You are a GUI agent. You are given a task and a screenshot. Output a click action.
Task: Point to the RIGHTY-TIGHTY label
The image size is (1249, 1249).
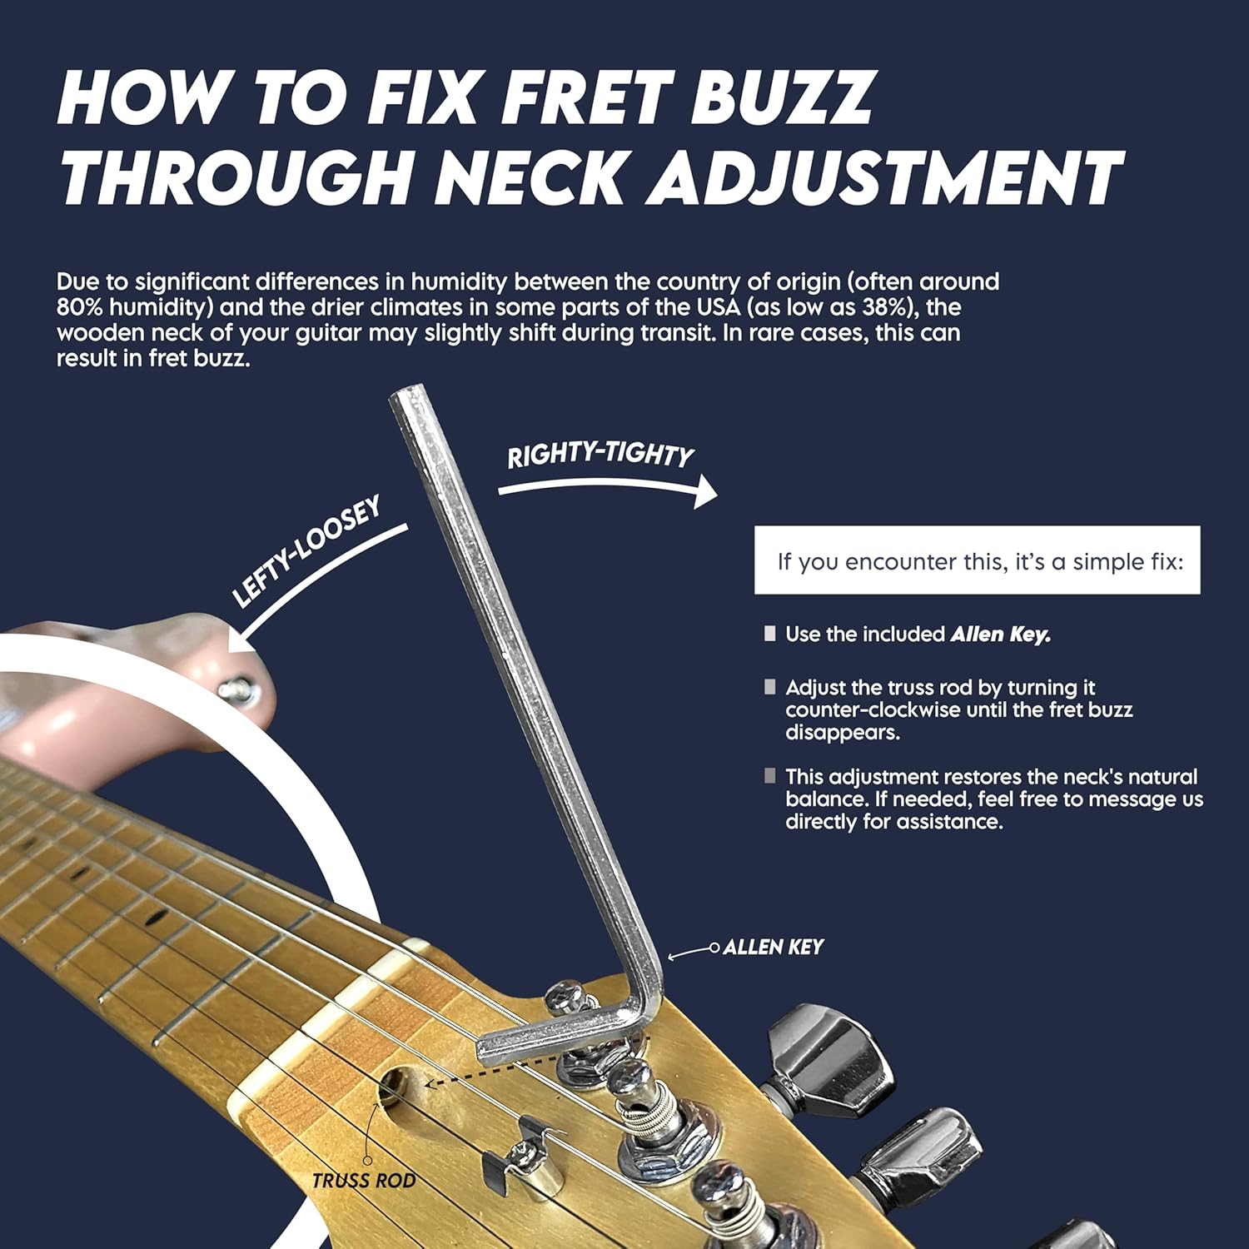point(600,455)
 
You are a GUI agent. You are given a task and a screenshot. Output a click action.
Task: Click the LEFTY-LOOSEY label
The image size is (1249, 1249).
point(306,550)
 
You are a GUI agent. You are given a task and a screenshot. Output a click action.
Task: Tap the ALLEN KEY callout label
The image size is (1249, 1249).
point(774,947)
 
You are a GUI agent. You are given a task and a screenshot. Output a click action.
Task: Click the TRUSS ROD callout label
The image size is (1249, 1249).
point(364,1180)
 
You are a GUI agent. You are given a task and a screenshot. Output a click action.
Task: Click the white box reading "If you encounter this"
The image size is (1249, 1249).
point(977,560)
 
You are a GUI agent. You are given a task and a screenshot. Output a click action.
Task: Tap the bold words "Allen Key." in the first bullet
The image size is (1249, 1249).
point(1001,634)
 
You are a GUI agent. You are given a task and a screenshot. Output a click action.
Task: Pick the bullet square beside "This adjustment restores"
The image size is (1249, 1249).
point(769,776)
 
